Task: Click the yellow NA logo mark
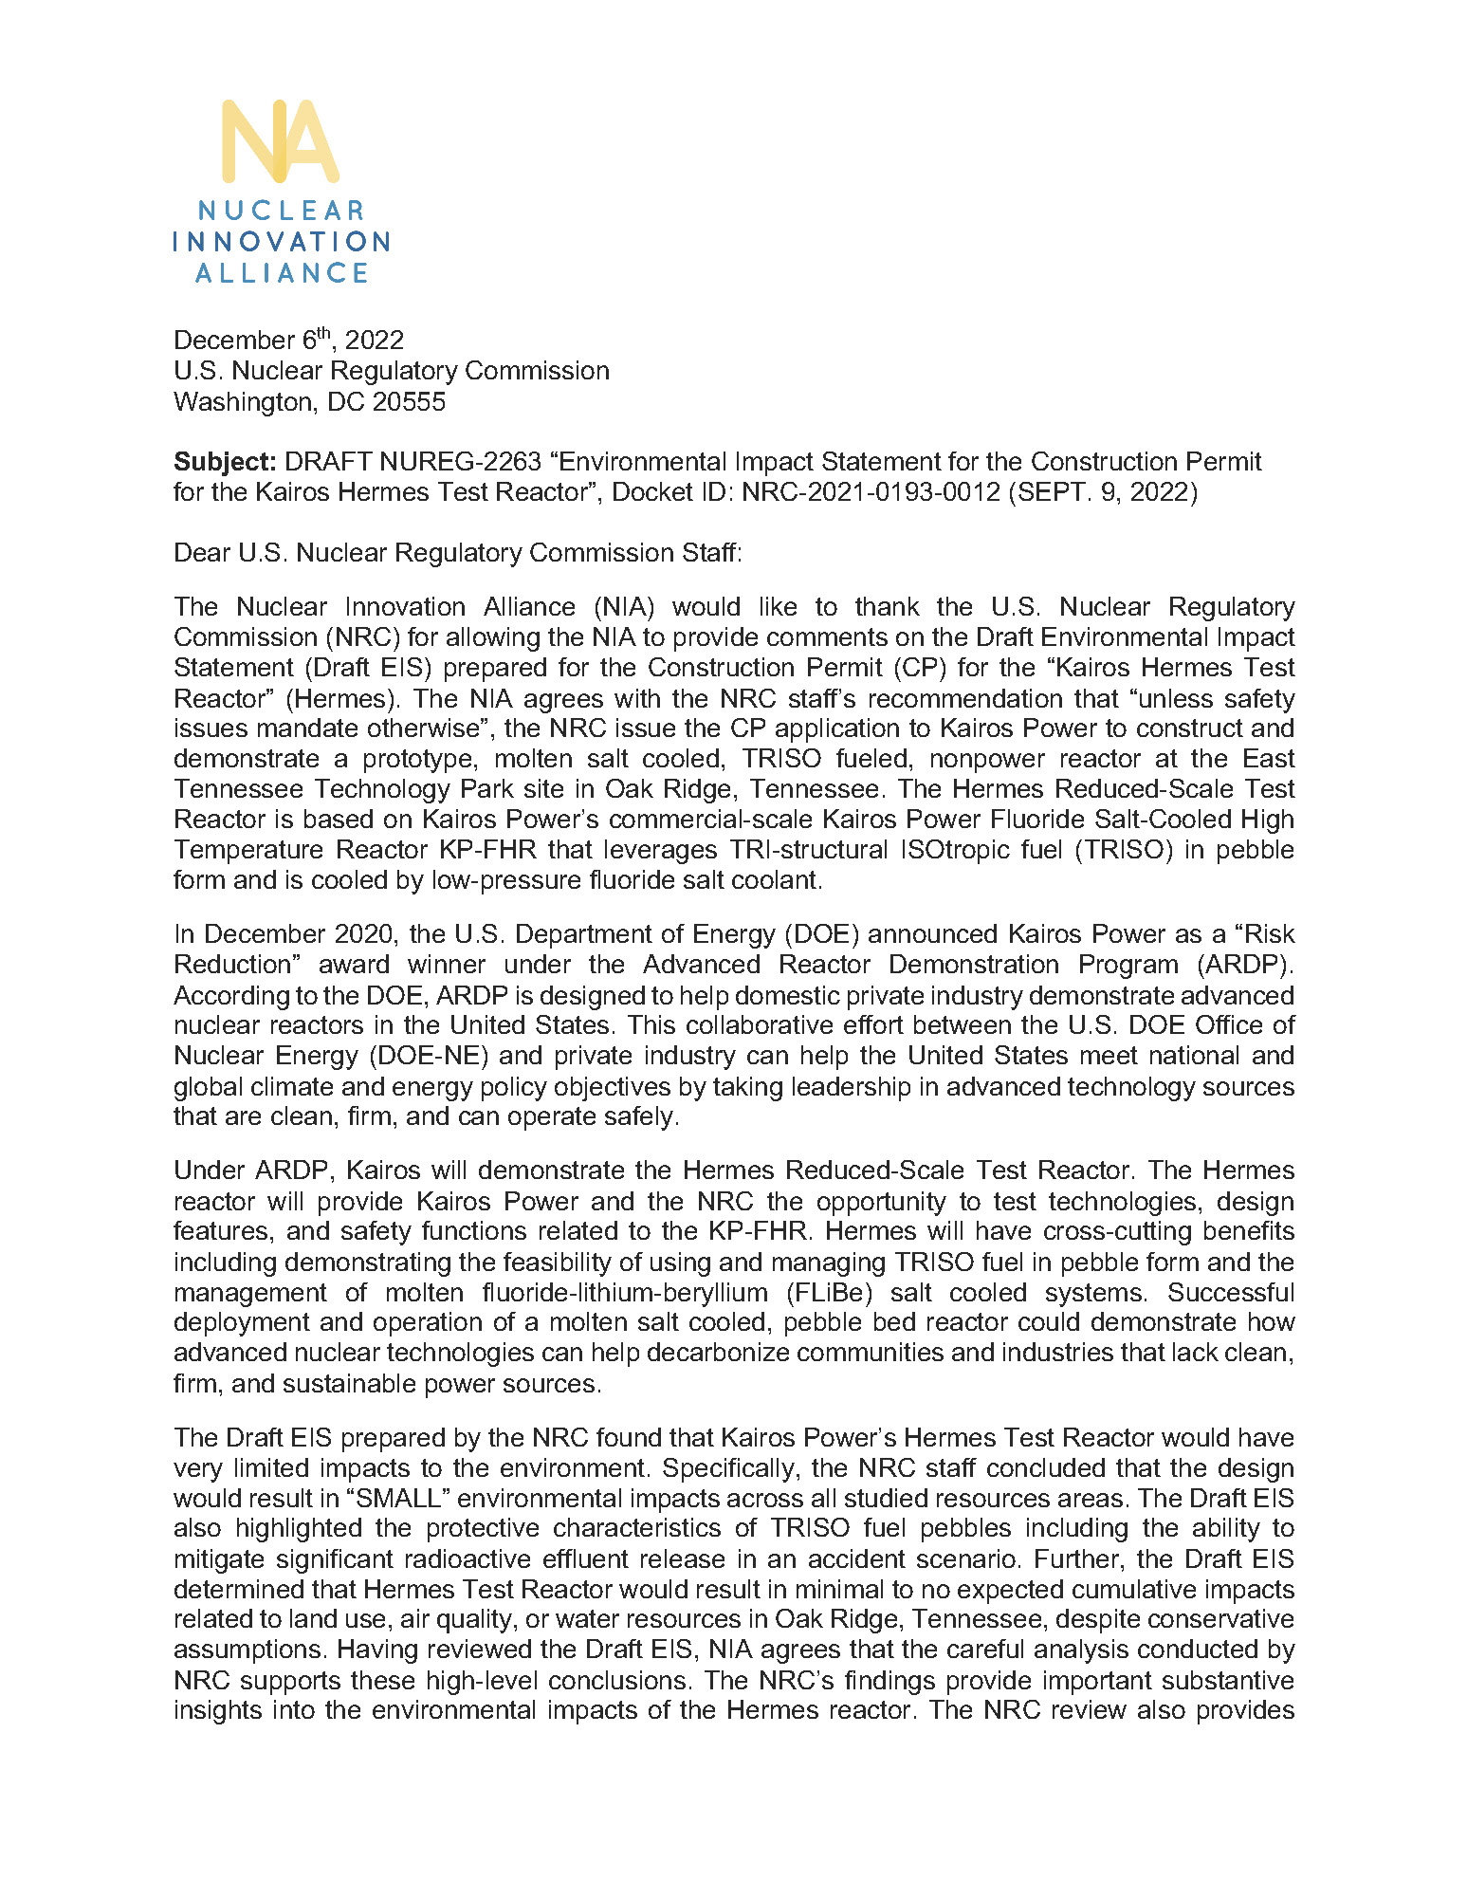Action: click(280, 141)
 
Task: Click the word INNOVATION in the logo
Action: click(281, 242)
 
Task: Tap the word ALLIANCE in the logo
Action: click(282, 273)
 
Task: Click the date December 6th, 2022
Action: click(288, 340)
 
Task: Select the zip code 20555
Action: click(409, 401)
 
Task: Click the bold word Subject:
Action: click(225, 462)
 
